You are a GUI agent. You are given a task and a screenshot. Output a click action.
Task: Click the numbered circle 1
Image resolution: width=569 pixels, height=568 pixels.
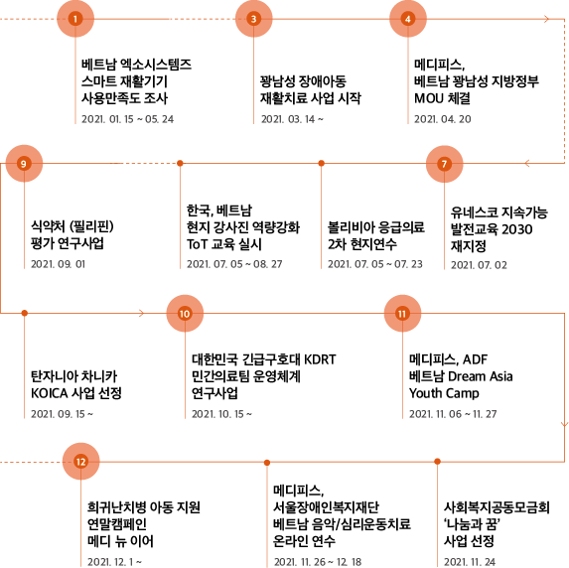point(75,19)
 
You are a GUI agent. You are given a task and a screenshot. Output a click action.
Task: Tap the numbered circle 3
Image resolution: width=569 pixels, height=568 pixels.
point(253,19)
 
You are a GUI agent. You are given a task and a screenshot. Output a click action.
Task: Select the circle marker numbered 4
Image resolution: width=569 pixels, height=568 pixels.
point(408,19)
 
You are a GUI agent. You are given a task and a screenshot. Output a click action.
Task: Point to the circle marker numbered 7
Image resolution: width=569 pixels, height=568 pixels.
point(444,164)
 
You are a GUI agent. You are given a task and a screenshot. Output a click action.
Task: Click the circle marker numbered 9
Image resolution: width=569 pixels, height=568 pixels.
point(24,164)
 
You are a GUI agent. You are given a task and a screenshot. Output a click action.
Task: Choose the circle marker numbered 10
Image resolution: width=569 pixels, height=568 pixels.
point(185,314)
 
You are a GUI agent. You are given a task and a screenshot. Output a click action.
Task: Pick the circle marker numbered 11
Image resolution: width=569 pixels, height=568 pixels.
point(402,314)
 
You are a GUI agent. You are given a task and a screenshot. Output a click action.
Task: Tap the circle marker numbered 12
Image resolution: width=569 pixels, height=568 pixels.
point(80,462)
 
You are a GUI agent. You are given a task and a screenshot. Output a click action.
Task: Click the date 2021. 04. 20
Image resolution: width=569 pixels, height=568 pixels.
point(442,119)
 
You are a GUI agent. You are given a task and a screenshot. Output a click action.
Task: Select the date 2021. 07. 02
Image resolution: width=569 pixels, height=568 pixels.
point(479,265)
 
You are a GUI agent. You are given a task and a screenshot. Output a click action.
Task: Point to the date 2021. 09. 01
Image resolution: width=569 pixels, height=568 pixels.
point(58,264)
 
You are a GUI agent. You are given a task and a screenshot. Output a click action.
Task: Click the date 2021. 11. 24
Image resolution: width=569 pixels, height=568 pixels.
point(470,562)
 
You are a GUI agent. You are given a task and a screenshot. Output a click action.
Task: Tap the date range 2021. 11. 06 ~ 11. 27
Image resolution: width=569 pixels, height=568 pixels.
point(453,414)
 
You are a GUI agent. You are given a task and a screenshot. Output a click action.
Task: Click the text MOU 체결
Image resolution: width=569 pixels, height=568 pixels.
point(442,98)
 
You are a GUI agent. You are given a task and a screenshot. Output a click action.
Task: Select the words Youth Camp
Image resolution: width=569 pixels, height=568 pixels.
point(444,393)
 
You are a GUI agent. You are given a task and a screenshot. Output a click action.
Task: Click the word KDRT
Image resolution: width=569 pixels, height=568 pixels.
point(320,359)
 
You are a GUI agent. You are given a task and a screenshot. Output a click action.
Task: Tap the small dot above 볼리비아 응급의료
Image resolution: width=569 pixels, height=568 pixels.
point(321,163)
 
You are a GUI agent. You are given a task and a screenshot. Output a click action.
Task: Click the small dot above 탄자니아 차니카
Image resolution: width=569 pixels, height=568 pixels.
point(24,313)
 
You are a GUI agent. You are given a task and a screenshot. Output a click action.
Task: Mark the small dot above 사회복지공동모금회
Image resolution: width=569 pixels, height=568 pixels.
point(437,462)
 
